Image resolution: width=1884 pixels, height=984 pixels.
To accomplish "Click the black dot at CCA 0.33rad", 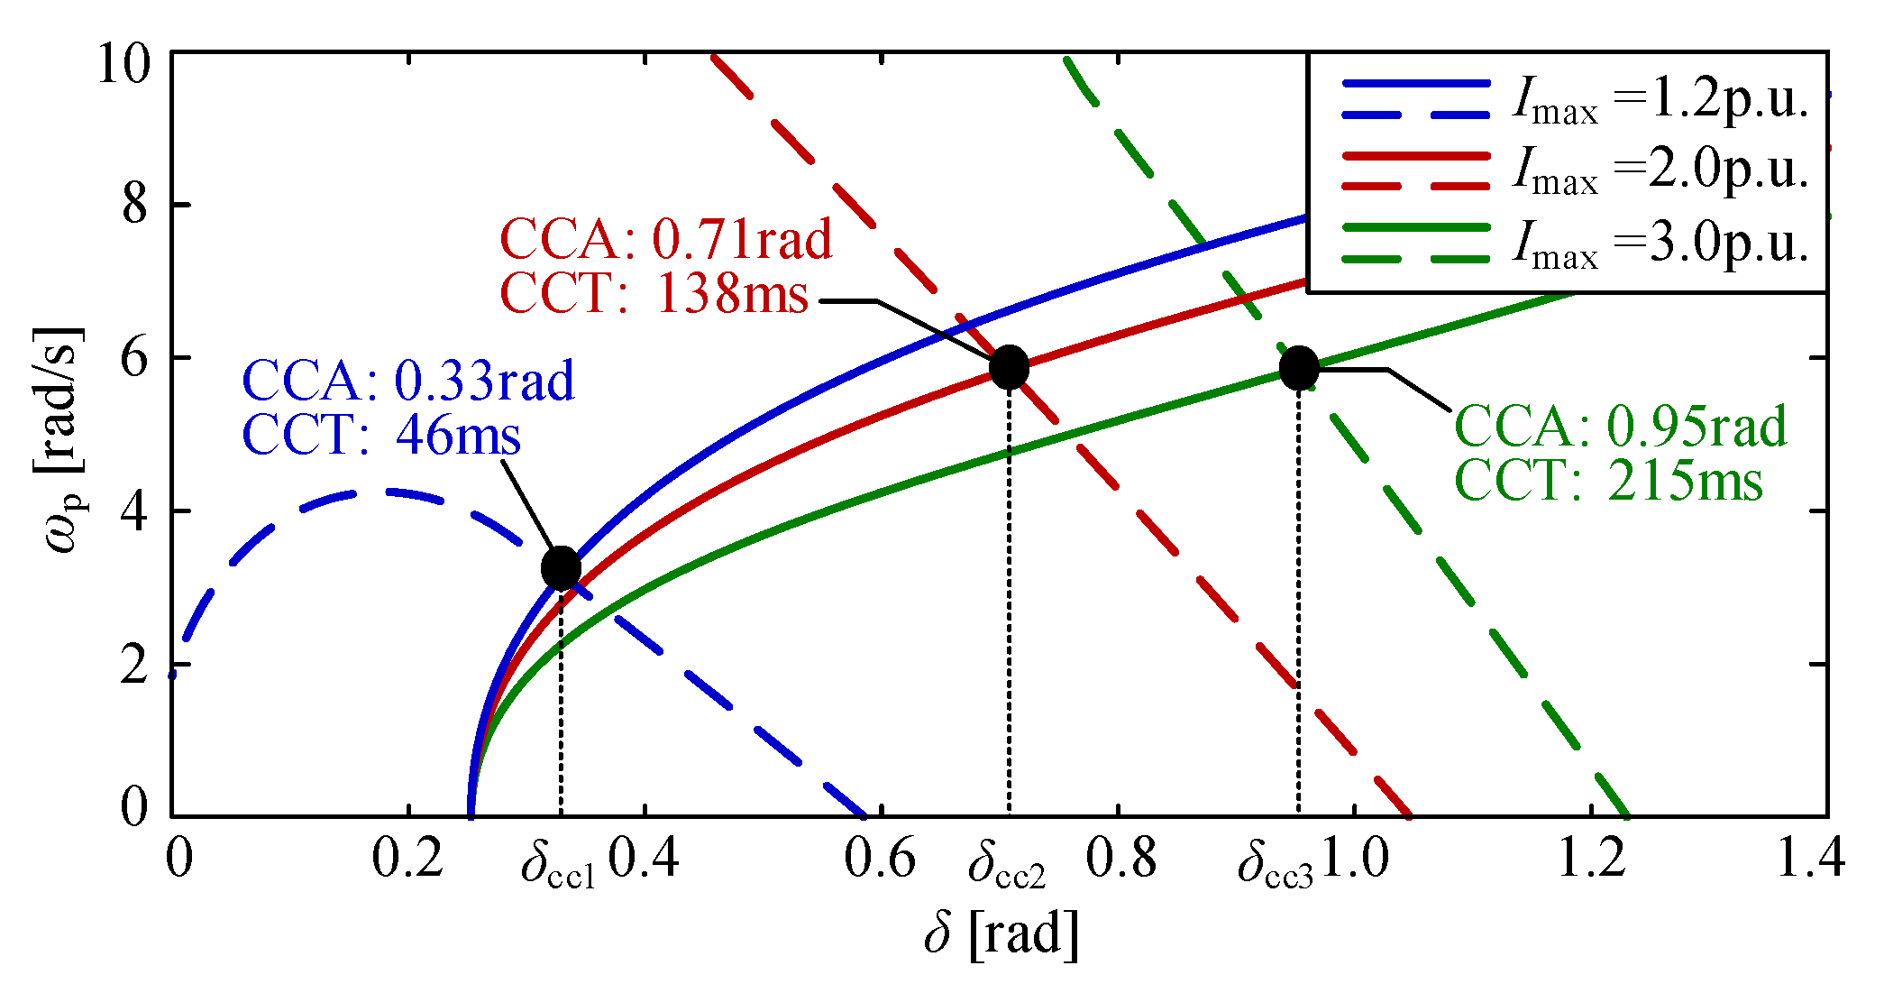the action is coord(561,568).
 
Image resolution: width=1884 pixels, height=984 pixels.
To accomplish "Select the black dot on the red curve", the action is coord(1009,367).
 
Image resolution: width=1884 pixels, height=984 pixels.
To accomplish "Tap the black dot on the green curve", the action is coord(1299,367).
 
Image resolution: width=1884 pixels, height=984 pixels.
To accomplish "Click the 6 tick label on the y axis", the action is coord(134,359).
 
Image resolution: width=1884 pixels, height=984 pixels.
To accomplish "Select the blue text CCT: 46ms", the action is coord(381,435).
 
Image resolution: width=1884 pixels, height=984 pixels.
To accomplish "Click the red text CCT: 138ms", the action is coord(654,293).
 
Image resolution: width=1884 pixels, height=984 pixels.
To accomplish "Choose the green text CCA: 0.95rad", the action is coord(1620,426).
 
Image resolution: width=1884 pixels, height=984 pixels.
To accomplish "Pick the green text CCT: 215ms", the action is coord(1609,480).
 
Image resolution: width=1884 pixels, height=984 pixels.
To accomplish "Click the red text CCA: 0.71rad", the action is coord(666,239).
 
